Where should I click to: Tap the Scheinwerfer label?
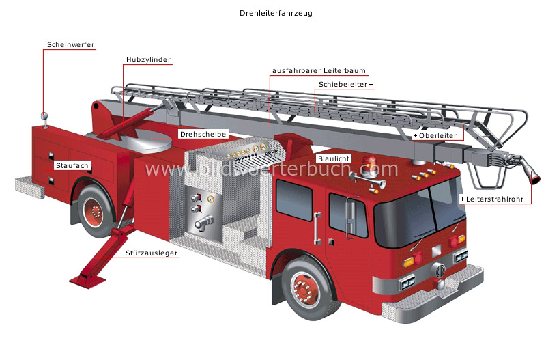70,45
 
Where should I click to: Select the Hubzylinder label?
148,59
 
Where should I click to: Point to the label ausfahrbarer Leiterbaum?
319,71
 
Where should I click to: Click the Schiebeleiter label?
345,84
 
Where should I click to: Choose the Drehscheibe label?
203,135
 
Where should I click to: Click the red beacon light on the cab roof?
369,164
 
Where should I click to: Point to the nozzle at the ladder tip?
530,171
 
